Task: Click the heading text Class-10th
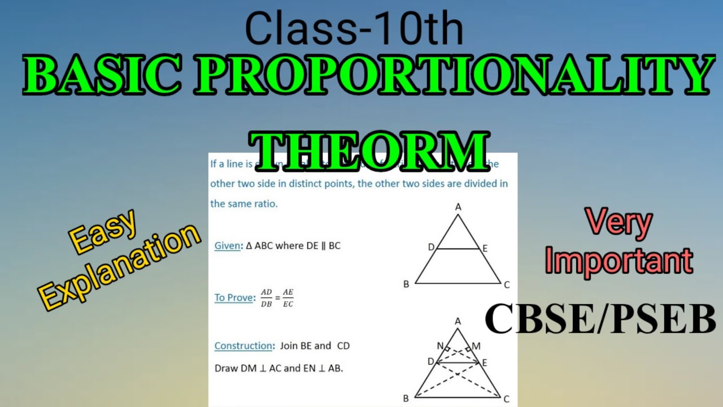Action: [x=354, y=29]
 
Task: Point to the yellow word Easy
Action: [x=103, y=232]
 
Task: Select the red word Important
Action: [x=619, y=261]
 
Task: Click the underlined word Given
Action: [x=227, y=246]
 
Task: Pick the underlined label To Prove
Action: [x=234, y=297]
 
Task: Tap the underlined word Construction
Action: [x=243, y=345]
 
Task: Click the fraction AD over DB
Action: [x=266, y=298]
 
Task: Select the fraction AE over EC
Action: [x=288, y=298]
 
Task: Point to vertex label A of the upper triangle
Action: [x=458, y=207]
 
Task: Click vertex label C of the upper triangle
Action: [x=507, y=284]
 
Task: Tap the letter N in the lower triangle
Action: [x=439, y=346]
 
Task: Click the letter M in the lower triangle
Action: [x=476, y=346]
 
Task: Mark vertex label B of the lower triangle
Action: [x=406, y=399]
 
